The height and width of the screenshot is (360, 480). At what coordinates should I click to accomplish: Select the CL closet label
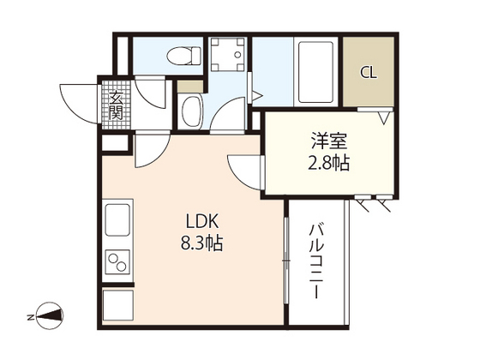point(369,72)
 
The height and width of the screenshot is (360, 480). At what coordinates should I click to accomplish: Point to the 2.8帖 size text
point(329,163)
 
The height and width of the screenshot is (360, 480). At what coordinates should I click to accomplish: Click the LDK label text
point(202,220)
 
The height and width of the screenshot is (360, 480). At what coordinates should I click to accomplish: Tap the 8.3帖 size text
point(203,243)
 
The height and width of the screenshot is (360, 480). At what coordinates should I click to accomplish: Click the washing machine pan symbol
point(228,54)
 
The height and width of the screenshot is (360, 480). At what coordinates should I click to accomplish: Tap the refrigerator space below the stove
point(117,304)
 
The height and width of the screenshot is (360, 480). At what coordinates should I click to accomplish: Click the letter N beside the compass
point(28,316)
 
